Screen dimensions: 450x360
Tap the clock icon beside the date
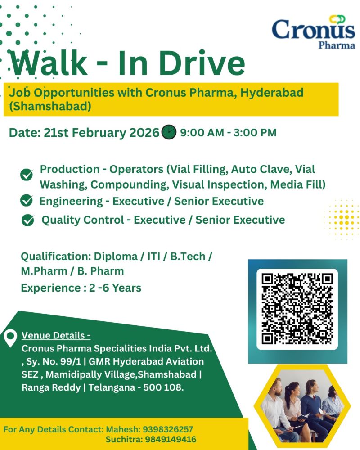point(169,132)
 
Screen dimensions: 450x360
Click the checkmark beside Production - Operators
point(27,175)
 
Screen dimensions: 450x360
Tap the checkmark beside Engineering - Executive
point(27,200)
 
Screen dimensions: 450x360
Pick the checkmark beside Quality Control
point(28,220)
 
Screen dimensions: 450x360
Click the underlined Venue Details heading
point(56,336)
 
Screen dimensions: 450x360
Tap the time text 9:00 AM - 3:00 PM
point(228,133)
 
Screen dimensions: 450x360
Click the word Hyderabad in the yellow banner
point(272,93)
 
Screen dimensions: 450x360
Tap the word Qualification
point(55,256)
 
